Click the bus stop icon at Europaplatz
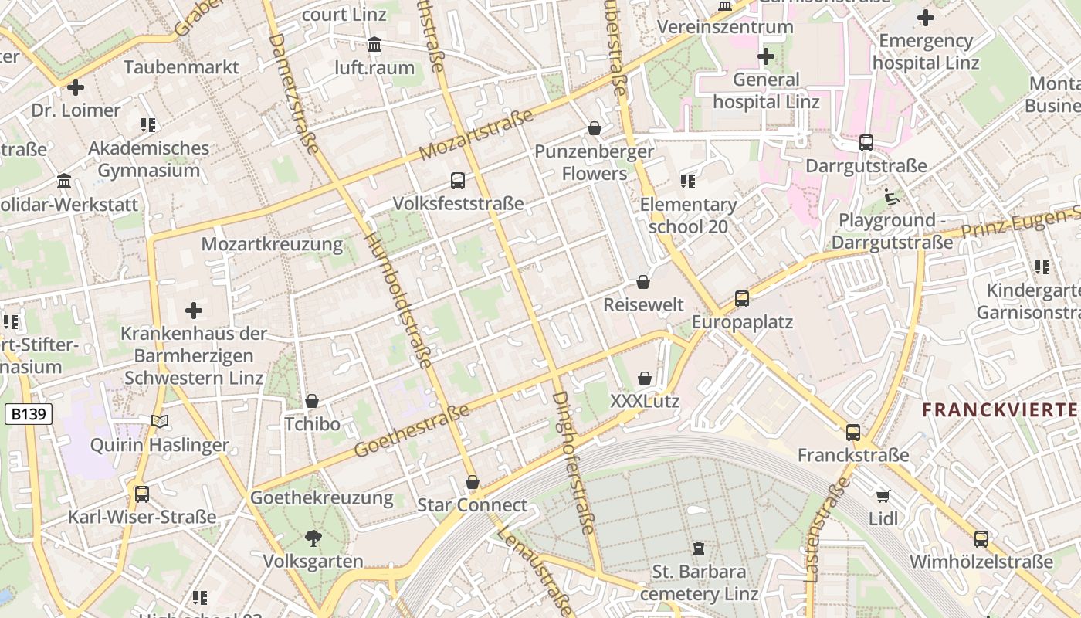(741, 298)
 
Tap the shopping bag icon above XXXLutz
(644, 379)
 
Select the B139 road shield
(29, 414)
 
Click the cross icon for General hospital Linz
(765, 56)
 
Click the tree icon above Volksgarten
(313, 538)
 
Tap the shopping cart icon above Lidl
(883, 496)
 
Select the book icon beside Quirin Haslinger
(160, 422)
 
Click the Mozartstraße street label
(476, 135)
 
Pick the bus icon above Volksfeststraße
(458, 181)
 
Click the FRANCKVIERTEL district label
(1001, 409)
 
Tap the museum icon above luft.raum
(374, 45)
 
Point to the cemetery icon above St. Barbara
(699, 548)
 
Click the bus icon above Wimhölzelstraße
(981, 538)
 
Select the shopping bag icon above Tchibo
(312, 401)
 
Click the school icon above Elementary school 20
(687, 182)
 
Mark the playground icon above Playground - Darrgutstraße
(893, 197)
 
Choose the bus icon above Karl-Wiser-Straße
(141, 494)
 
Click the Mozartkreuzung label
(272, 244)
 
